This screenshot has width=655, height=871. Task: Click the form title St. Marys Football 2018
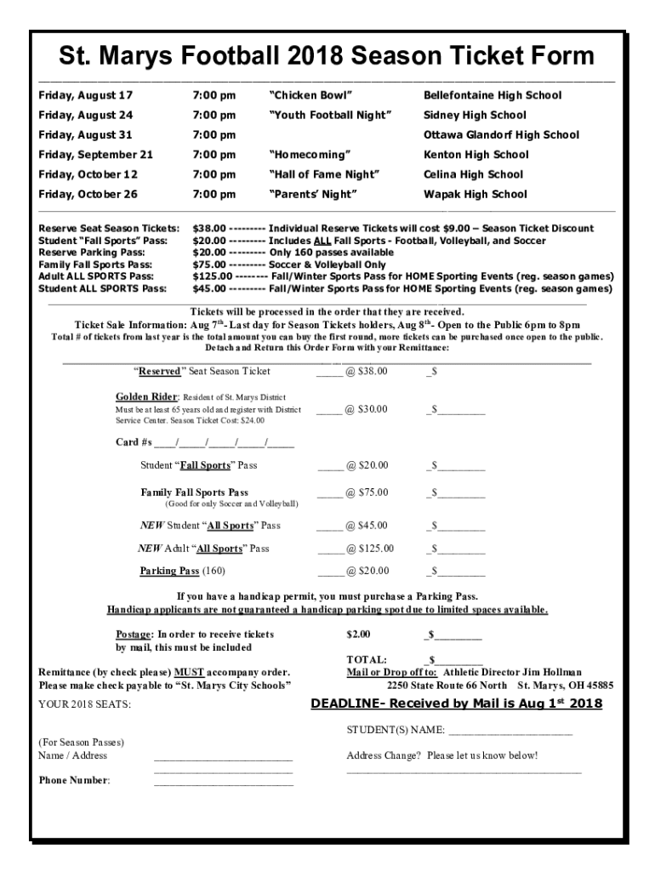tap(327, 56)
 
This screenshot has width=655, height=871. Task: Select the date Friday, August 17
tap(86, 95)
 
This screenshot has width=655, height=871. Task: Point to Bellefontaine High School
tap(493, 95)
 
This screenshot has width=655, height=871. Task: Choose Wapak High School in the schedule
tap(476, 194)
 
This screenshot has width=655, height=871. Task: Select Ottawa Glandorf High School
tap(501, 134)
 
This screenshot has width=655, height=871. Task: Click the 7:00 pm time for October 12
tap(214, 174)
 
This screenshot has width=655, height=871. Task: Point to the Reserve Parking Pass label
tap(92, 253)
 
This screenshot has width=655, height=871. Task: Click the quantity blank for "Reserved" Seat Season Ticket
tap(329, 373)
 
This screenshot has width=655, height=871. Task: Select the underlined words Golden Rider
tap(147, 397)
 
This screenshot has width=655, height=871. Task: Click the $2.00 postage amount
tap(358, 635)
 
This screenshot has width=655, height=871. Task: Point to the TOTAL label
tap(367, 659)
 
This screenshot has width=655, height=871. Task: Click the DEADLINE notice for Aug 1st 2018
tap(456, 703)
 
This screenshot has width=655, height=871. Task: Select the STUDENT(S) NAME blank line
tap(510, 732)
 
